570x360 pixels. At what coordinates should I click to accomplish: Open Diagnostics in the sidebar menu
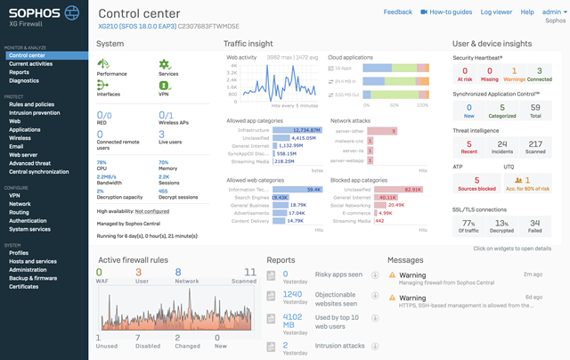pos(24,80)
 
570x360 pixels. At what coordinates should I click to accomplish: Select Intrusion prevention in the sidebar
pos(35,111)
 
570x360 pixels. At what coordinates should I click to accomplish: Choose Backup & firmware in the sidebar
pos(35,278)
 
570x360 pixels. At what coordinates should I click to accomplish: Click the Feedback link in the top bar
pos(397,12)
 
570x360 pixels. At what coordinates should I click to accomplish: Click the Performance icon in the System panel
pos(110,67)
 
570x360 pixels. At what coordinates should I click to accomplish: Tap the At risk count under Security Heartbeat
pos(465,75)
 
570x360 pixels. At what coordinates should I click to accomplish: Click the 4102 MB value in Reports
pos(292,319)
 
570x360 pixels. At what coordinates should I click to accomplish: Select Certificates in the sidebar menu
pos(24,286)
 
